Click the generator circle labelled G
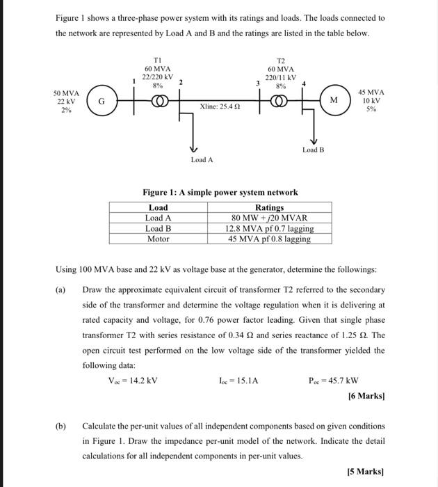tap(101, 102)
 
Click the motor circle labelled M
tap(333, 102)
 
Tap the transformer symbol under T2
tap(282, 102)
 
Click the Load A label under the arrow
tap(202, 160)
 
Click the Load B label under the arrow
tap(313, 150)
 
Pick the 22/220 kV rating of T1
tap(158, 77)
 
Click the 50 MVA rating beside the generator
tap(66, 93)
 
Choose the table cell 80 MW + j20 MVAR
tap(269, 218)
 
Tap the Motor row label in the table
tap(159, 239)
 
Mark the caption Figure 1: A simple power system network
tap(220, 192)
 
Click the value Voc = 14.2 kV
tap(133, 380)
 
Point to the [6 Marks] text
tap(366, 396)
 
